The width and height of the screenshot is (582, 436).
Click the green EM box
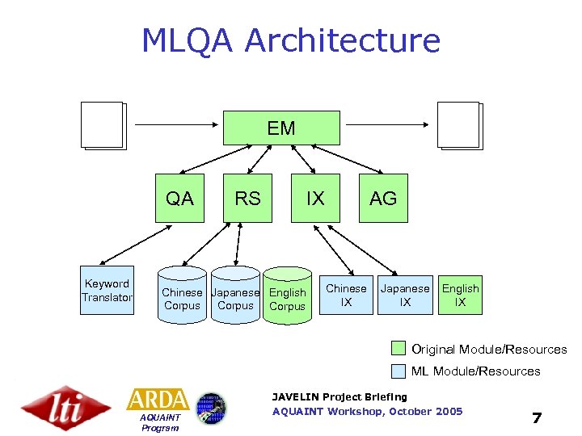pos(281,128)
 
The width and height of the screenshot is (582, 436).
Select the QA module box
pos(179,198)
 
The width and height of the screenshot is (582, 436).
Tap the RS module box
pos(247,198)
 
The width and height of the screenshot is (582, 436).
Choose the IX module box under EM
pos(315,198)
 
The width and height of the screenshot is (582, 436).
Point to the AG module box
pos(383,198)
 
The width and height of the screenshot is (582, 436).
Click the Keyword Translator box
pos(107,291)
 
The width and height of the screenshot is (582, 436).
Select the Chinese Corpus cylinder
pos(182,297)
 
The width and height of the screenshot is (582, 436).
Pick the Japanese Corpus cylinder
pos(235,297)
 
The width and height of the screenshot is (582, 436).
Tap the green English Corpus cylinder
pos(287,297)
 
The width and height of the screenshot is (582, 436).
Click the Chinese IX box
pos(346,295)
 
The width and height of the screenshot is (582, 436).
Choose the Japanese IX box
pos(405,295)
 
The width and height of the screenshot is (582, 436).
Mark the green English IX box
pos(460,295)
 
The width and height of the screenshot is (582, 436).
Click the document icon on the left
pos(103,126)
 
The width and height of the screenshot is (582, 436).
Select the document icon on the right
pos(459,126)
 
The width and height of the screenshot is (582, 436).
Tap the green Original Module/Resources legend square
pos(398,349)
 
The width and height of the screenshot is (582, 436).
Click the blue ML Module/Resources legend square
pos(398,371)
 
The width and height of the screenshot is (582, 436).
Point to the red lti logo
pos(65,408)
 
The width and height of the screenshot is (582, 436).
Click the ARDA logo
pos(158,400)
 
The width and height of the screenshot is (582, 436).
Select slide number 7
pos(536,417)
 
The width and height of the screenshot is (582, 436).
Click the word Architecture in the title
pos(343,40)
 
